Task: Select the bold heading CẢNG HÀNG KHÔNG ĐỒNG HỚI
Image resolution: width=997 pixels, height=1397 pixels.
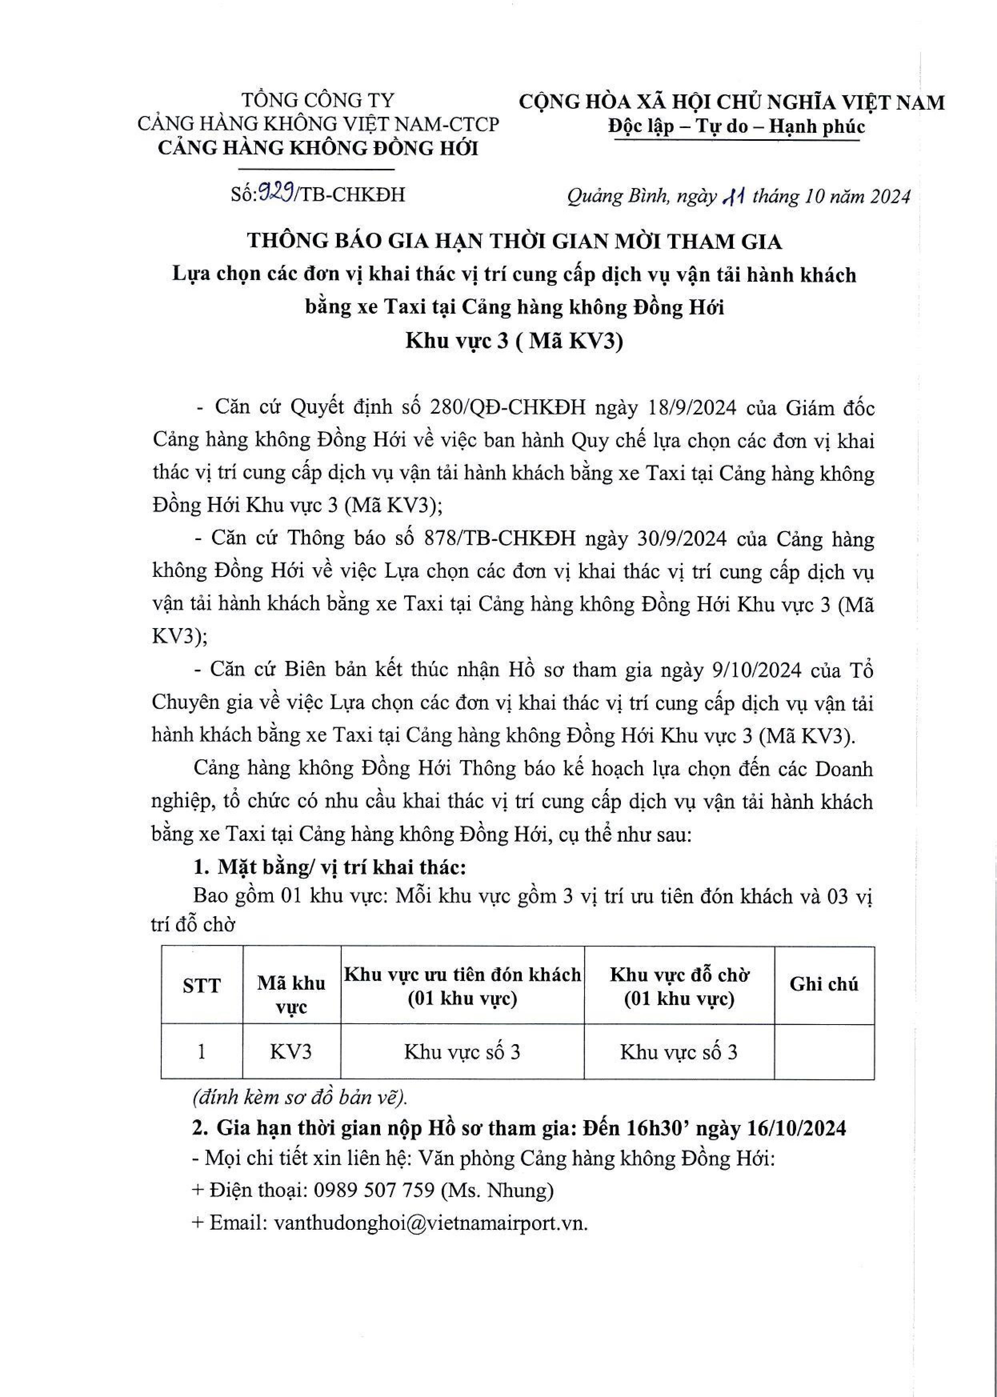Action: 318,148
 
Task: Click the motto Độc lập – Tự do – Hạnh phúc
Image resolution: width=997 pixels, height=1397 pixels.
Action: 737,126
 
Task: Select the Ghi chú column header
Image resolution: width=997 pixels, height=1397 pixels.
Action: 823,983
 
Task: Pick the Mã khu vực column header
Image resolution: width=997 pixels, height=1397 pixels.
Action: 291,995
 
